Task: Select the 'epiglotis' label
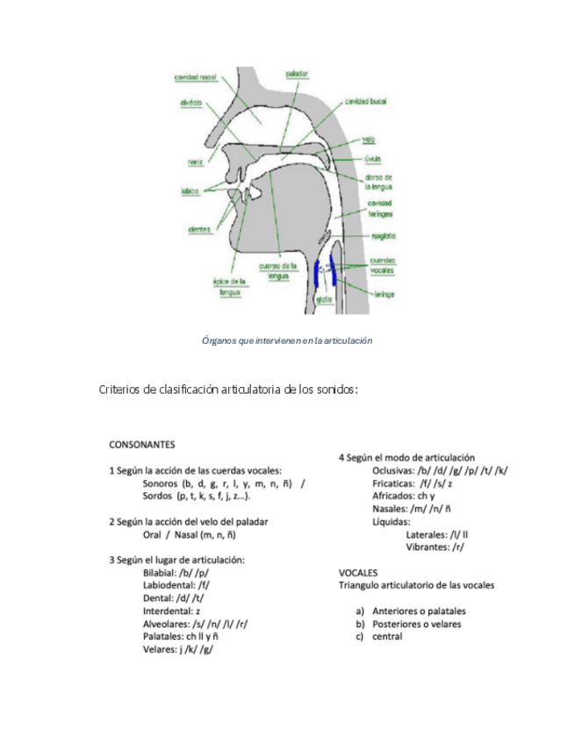383,236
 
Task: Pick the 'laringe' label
383,296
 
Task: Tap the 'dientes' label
199,230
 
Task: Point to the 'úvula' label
372,159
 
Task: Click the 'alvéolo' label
193,103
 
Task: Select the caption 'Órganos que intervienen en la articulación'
287,340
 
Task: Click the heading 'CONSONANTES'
142,445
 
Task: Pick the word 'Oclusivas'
397,470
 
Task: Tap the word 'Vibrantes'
428,547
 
